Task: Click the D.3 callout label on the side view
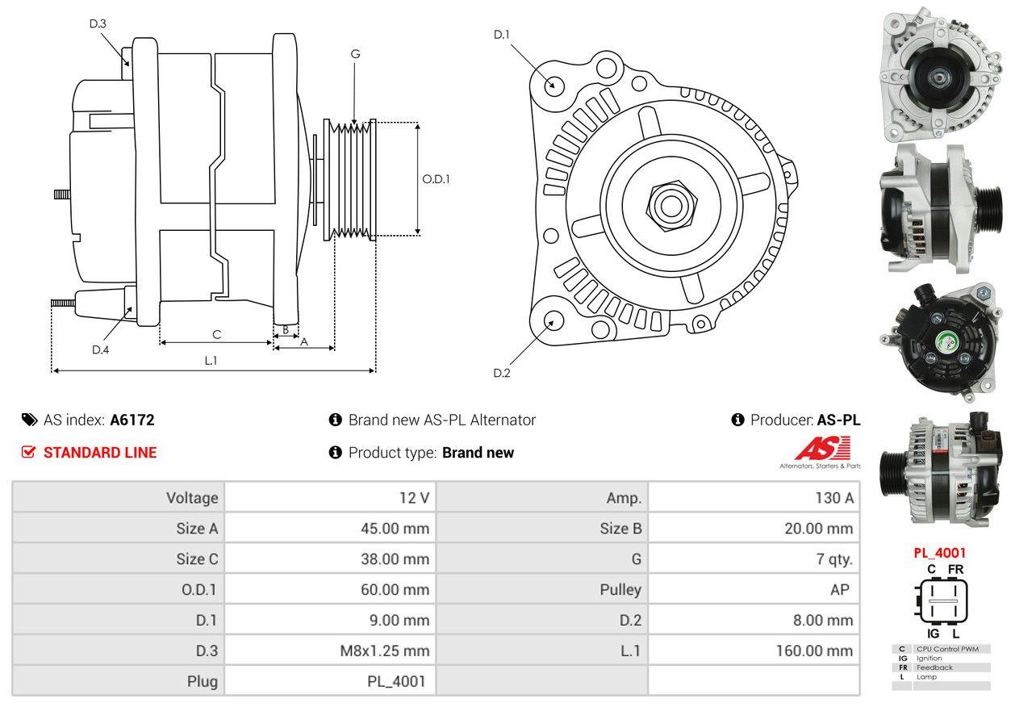click(x=98, y=23)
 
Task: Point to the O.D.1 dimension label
click(x=436, y=179)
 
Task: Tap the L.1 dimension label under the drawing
click(x=211, y=361)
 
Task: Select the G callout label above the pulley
click(x=355, y=54)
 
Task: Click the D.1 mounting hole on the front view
click(x=554, y=84)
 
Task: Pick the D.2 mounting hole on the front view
click(x=553, y=320)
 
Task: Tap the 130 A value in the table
click(x=834, y=498)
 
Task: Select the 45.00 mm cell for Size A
click(x=395, y=529)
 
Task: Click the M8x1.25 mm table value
click(x=384, y=651)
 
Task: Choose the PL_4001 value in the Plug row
click(x=395, y=681)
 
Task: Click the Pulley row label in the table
click(x=620, y=589)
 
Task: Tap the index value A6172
click(x=132, y=420)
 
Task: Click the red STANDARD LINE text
click(x=100, y=453)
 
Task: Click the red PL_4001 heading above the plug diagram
click(x=939, y=554)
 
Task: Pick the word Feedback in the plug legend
click(x=934, y=667)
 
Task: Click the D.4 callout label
click(x=100, y=349)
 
